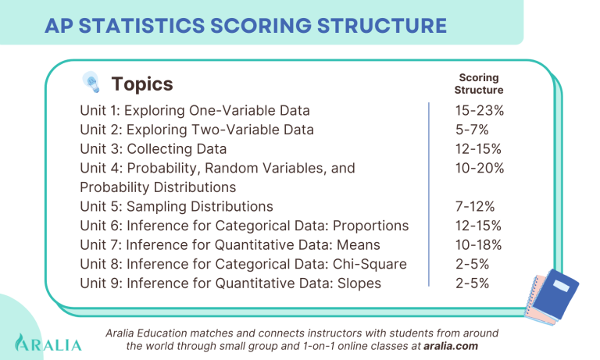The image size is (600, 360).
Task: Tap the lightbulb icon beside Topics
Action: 91,83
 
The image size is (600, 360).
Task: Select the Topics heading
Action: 142,84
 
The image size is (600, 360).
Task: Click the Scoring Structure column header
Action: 478,84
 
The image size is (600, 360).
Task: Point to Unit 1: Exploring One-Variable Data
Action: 195,110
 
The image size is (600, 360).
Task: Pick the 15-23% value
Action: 479,110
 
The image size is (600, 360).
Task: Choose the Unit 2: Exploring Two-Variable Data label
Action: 197,129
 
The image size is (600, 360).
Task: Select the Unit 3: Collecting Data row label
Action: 153,148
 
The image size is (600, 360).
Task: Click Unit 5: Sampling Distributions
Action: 177,206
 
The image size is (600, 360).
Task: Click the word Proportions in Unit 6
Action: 370,226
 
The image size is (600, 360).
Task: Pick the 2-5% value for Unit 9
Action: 472,283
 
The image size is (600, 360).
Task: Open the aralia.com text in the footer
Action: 450,345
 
